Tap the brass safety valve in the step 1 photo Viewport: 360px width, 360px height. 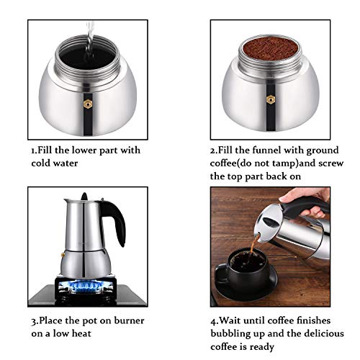click(x=89, y=103)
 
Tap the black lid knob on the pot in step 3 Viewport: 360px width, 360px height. click(x=84, y=196)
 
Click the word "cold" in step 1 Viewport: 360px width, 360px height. click(x=45, y=163)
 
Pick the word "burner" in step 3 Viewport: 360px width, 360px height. click(x=125, y=320)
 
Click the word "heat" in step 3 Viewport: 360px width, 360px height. click(x=87, y=333)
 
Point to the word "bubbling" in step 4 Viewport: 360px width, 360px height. click(x=234, y=333)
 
